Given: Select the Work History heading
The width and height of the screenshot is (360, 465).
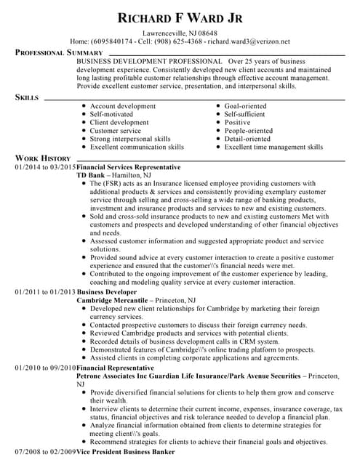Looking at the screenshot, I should coord(43,158).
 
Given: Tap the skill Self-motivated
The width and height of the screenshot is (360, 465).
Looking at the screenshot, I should coord(111,114).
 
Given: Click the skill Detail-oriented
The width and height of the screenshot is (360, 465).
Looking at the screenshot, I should coord(247,139).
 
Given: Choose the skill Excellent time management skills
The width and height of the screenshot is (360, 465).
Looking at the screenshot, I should coord(273,147).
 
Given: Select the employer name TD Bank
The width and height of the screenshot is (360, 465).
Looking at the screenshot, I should coord(91,175).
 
